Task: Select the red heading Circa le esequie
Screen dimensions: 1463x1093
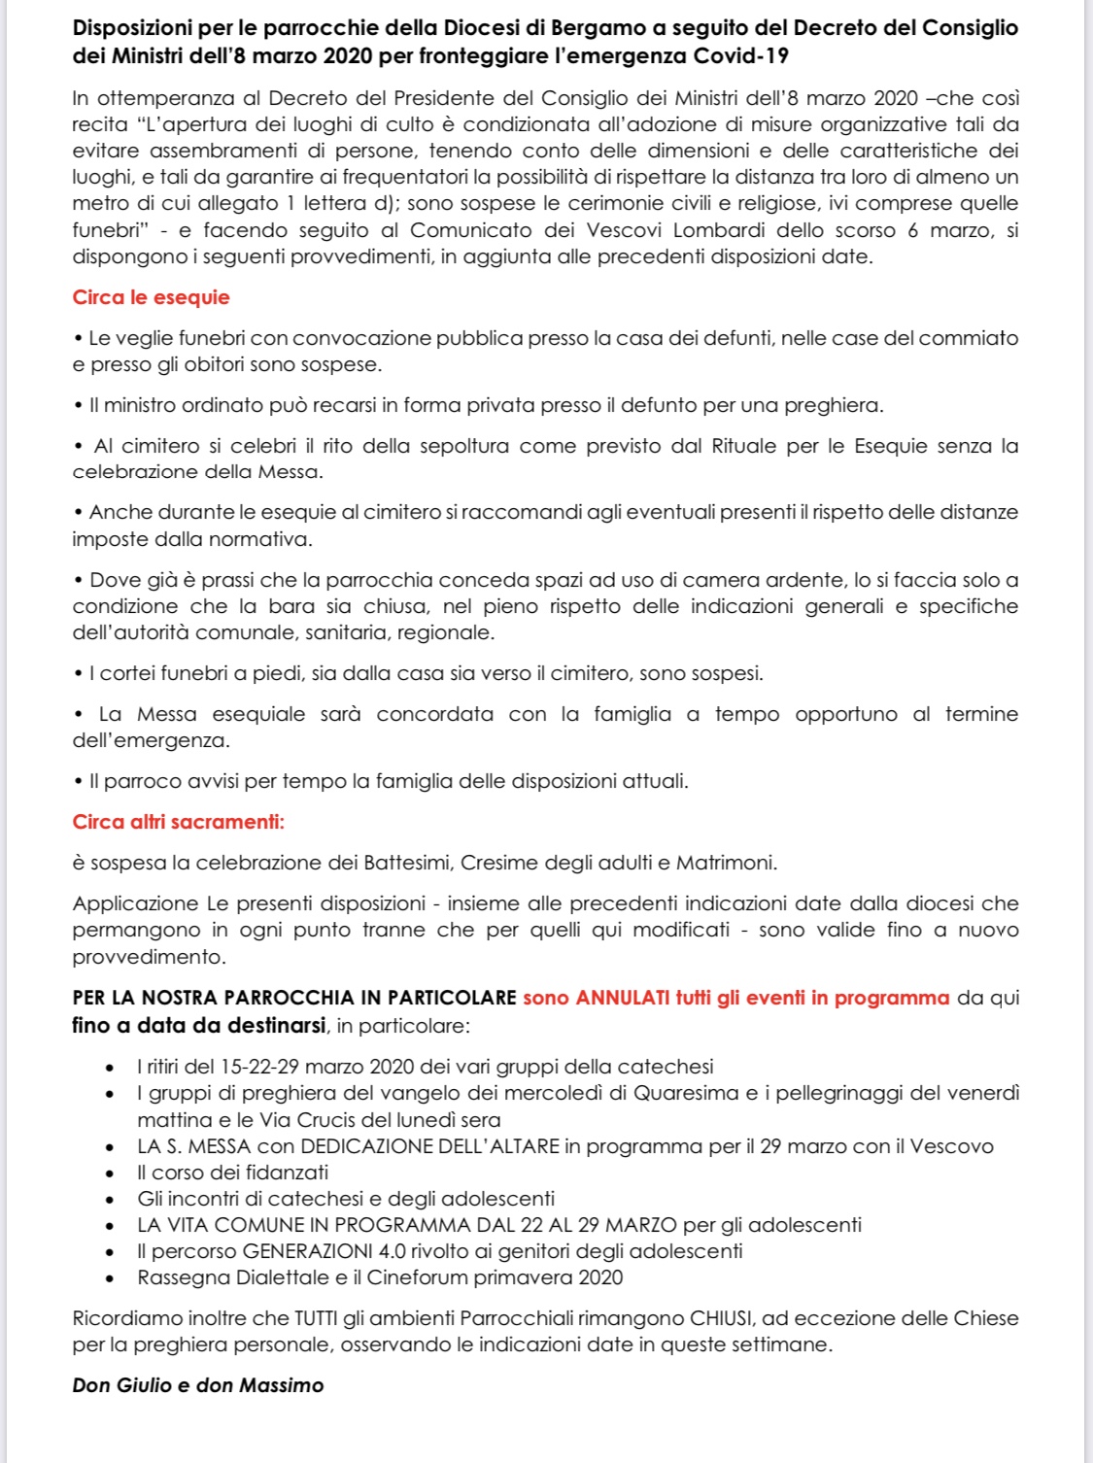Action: pyautogui.click(x=151, y=297)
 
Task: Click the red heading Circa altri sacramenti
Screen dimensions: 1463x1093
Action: pyautogui.click(x=178, y=822)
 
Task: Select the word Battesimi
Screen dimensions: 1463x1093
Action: pyautogui.click(x=407, y=863)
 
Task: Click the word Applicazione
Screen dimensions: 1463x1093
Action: pyautogui.click(x=137, y=903)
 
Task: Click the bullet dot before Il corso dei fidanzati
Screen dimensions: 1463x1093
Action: pyautogui.click(x=110, y=1174)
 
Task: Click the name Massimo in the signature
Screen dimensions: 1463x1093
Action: pyautogui.click(x=281, y=1385)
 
